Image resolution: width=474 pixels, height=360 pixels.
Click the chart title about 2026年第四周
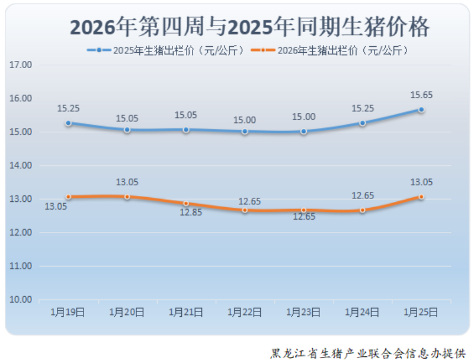249,27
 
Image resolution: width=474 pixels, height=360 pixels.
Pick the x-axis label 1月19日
68,312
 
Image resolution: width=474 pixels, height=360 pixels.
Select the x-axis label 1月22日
245,312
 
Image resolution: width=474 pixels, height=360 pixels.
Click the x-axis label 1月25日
421,312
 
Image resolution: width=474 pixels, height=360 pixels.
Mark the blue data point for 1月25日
421,110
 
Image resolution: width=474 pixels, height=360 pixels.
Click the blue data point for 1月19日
68,123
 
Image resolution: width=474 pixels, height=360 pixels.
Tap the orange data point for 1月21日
186,204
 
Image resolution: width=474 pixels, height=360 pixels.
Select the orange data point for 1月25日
421,197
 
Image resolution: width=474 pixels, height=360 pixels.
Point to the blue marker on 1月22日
245,131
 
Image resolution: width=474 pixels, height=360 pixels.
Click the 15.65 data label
421,95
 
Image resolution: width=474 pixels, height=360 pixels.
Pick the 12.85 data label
191,213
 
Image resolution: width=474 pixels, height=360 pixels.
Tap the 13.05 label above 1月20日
127,182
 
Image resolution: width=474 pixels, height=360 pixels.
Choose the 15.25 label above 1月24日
363,108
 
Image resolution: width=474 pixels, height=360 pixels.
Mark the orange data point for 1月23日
304,210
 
